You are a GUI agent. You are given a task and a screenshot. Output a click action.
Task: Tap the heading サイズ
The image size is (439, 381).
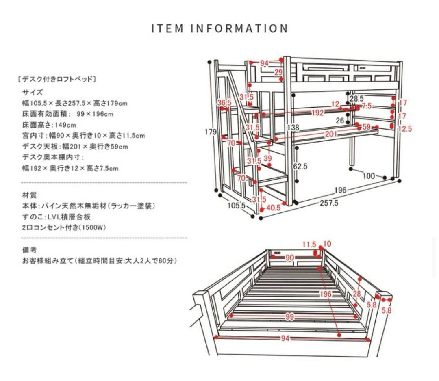pos(32,92)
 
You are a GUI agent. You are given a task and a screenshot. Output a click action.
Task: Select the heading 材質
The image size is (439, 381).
pos(29,195)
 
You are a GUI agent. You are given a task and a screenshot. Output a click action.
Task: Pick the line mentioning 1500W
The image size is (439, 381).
pos(64,227)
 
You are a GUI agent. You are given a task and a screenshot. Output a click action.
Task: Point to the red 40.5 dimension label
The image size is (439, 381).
pos(273,208)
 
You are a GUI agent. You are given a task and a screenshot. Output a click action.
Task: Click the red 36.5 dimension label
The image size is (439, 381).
pos(224,103)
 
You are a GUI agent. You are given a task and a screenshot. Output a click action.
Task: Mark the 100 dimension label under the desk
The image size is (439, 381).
pos(369,176)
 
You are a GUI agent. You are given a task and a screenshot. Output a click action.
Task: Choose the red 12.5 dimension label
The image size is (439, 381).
pos(404,129)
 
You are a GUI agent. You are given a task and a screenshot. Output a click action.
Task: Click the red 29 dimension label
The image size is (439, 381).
pos(278,72)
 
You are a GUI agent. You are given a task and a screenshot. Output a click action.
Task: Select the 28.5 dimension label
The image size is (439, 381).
pos(356,99)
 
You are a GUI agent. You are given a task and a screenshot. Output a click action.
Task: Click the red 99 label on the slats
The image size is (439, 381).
pos(289,317)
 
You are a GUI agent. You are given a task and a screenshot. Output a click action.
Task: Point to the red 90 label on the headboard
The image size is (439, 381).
pos(289,257)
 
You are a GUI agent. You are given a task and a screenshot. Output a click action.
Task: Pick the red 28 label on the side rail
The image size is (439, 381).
pos(357,294)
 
